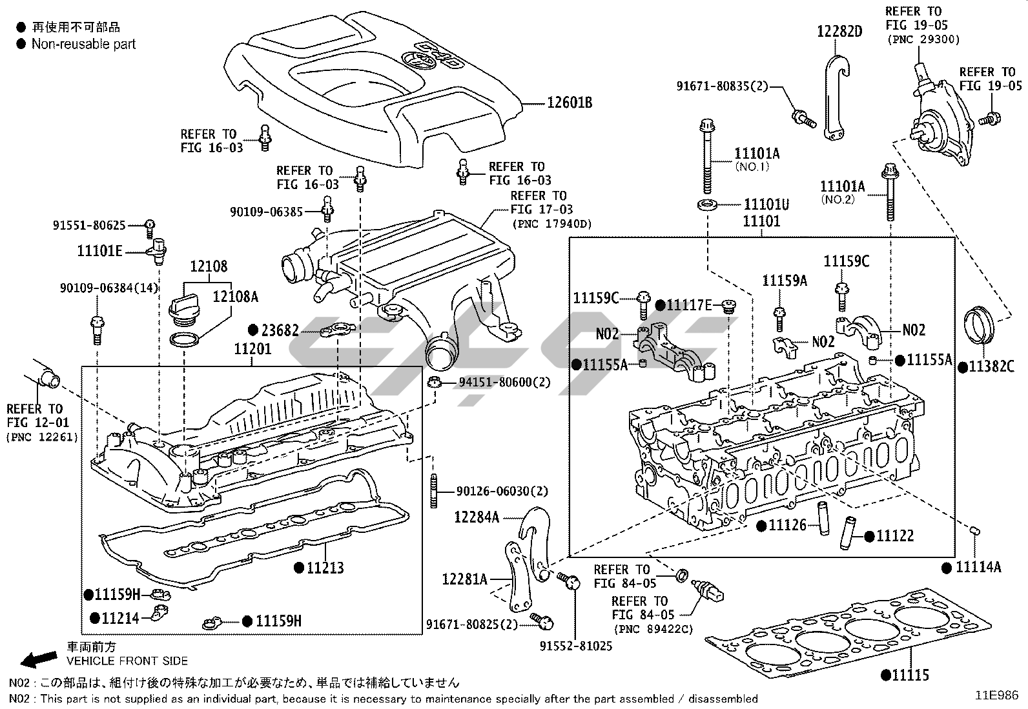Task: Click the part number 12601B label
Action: (x=570, y=103)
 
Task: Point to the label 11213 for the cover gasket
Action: (x=325, y=568)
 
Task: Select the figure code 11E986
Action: (x=996, y=695)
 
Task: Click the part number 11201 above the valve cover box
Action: (x=252, y=349)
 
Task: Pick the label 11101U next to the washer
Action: (x=766, y=205)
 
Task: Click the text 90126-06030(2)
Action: (x=502, y=492)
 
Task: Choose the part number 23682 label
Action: (x=280, y=331)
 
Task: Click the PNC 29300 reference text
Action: (x=923, y=40)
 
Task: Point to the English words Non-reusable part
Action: (x=84, y=44)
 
